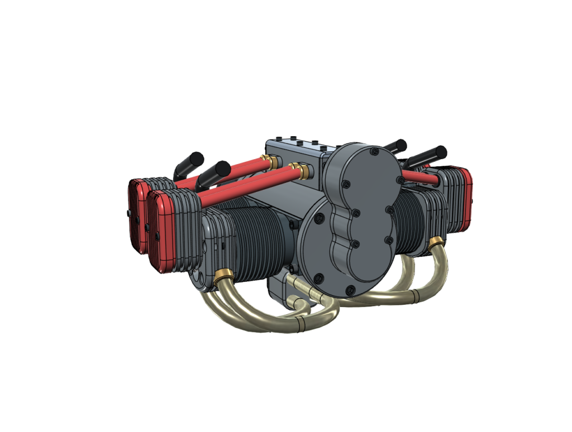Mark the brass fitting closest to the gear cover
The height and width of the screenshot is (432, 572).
pyautogui.click(x=304, y=171)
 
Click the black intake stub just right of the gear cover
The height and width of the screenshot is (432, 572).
pyautogui.click(x=395, y=146)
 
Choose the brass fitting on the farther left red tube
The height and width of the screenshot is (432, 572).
pyautogui.click(x=273, y=162)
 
